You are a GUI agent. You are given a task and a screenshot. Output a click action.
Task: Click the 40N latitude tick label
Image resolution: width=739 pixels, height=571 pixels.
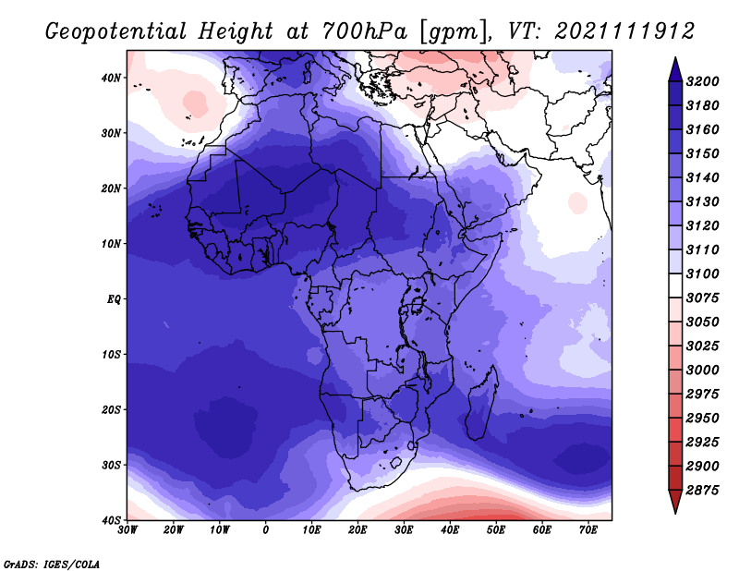point(111,78)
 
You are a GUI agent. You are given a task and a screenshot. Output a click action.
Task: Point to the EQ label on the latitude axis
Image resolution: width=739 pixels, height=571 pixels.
point(114,299)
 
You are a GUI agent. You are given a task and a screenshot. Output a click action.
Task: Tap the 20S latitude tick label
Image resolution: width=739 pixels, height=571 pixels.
point(111,409)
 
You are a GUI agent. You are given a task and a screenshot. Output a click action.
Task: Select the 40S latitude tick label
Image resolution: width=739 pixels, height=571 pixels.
point(111,520)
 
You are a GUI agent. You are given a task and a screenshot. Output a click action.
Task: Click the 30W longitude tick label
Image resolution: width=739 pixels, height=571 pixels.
point(127,530)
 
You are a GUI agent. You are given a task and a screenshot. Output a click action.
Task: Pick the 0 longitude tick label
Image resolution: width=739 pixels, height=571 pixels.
point(266,530)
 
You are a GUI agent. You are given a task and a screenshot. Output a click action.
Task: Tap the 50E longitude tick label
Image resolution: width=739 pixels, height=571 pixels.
point(496,530)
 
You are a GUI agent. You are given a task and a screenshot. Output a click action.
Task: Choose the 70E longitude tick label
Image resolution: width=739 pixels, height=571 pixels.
point(588,530)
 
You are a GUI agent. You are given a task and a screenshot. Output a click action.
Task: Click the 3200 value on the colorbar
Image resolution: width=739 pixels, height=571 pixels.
point(703,81)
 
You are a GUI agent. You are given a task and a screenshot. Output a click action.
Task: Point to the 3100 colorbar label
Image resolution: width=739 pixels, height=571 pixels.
point(703,273)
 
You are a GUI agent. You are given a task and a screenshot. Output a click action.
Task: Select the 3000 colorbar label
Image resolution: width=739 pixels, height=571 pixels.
point(703,370)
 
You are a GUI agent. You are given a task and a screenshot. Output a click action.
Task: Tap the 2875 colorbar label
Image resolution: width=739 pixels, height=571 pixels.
point(703,490)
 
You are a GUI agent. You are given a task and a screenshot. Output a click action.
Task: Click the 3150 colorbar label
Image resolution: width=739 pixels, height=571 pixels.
point(703,153)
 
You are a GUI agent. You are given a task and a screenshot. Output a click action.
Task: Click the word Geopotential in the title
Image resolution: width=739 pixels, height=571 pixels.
point(116,32)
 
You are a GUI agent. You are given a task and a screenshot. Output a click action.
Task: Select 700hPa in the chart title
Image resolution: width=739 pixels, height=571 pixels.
point(364,31)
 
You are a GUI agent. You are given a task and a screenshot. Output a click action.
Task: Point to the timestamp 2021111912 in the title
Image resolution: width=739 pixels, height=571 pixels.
point(624,31)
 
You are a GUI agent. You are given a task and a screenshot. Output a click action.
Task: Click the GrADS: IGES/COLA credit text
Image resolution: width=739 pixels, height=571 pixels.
point(52,564)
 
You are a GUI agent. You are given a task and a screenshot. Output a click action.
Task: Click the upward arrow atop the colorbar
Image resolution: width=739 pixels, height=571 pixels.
point(675,69)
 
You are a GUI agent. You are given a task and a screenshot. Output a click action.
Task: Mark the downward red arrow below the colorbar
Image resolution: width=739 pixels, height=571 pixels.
point(675,502)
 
